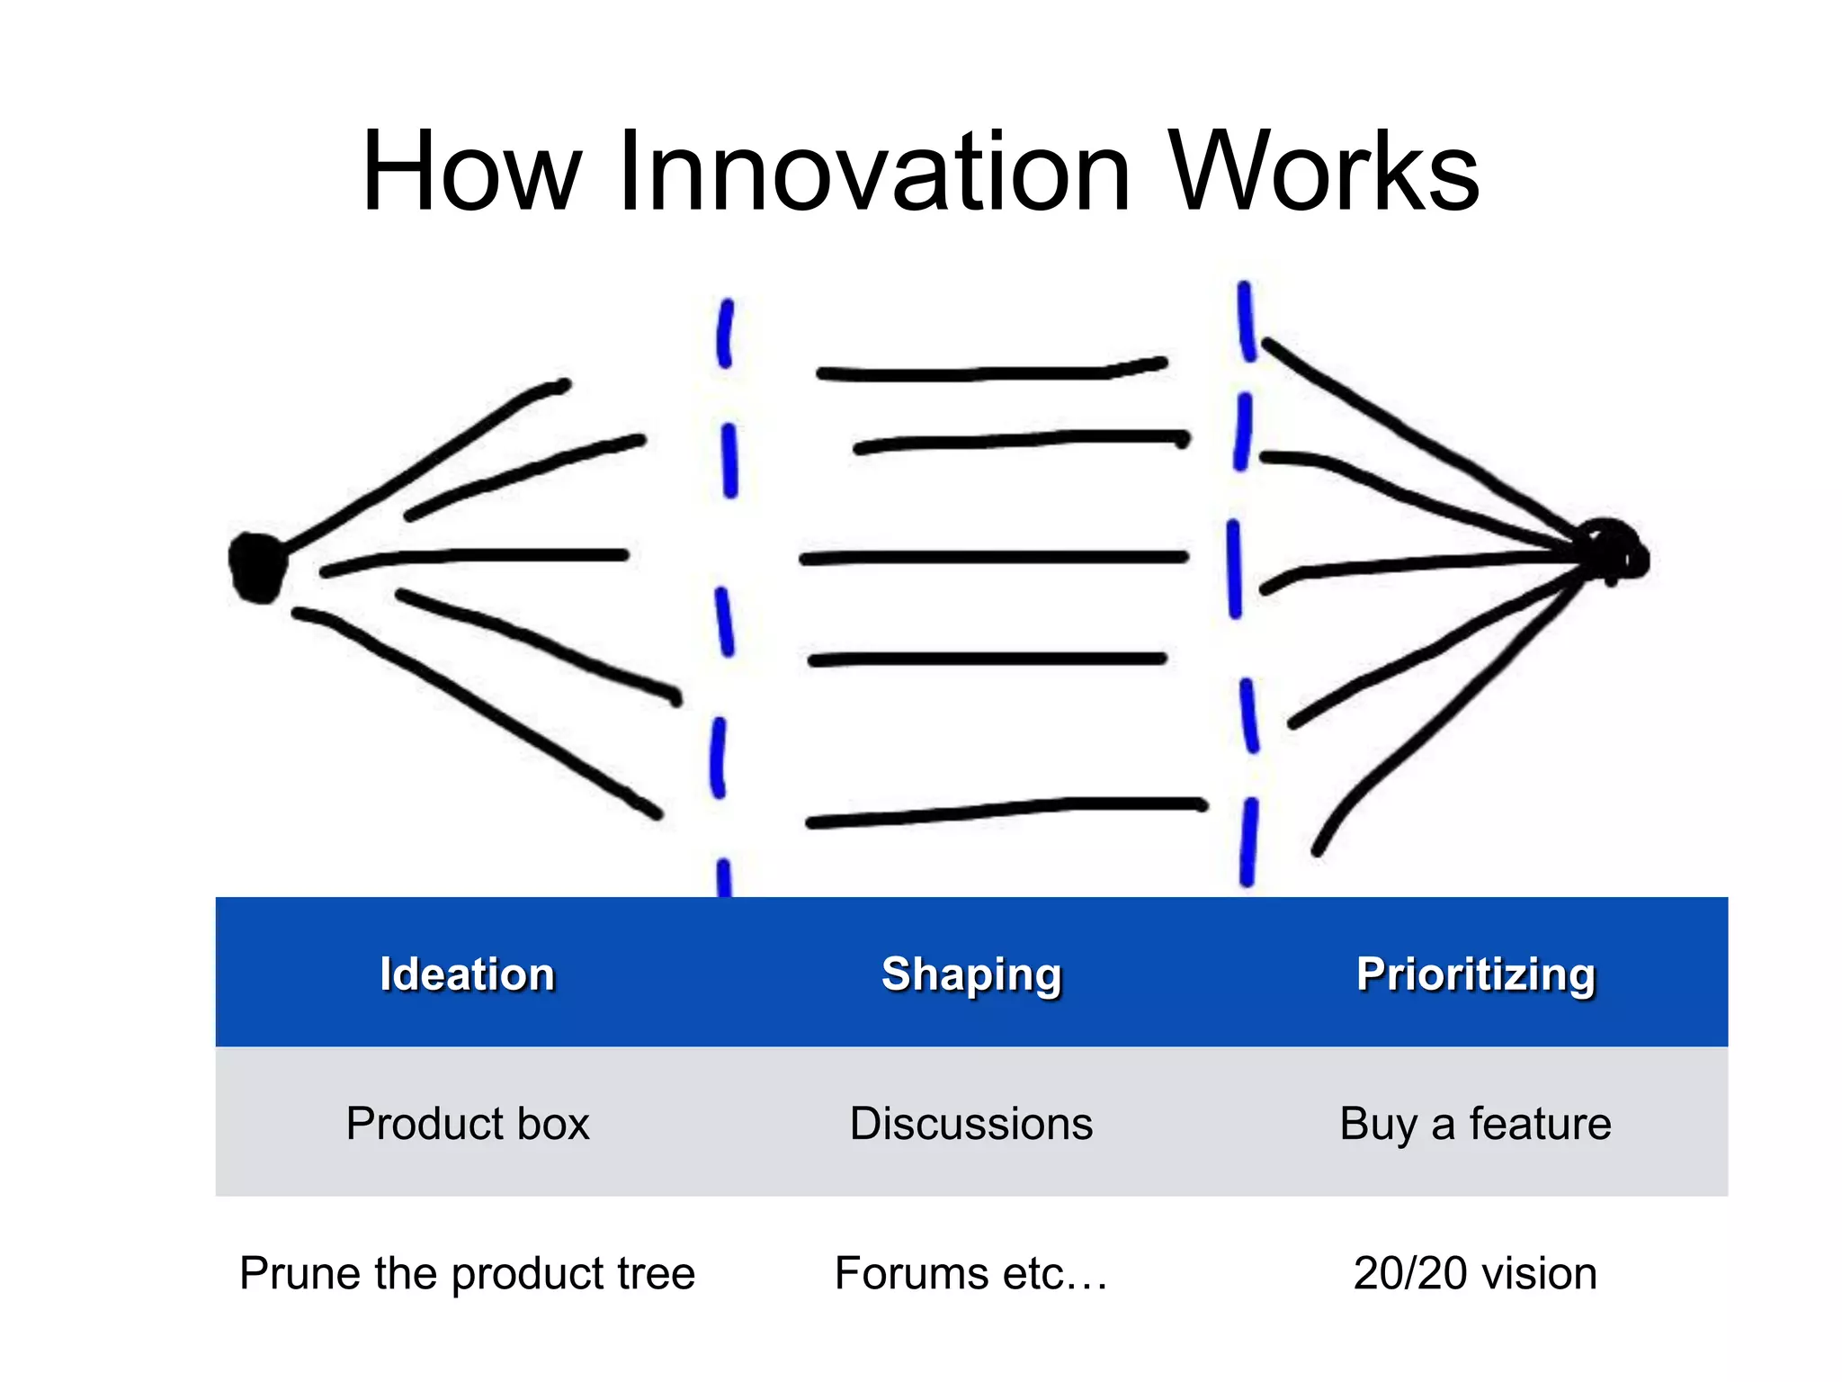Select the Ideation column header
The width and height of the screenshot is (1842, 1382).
(x=467, y=974)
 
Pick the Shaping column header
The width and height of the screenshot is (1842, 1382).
(x=971, y=974)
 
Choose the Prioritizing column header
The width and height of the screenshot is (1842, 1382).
(x=1475, y=974)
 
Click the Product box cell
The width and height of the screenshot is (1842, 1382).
(x=467, y=1123)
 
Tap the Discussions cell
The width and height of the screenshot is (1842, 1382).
(x=971, y=1123)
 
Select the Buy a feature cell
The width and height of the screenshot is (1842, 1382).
(x=1475, y=1123)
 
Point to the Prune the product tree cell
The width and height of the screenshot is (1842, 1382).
(x=467, y=1273)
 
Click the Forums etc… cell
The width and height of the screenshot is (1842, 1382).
(x=971, y=1273)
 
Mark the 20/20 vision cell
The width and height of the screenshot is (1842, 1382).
(x=1475, y=1273)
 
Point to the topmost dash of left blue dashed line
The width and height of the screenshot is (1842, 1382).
(x=724, y=333)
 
